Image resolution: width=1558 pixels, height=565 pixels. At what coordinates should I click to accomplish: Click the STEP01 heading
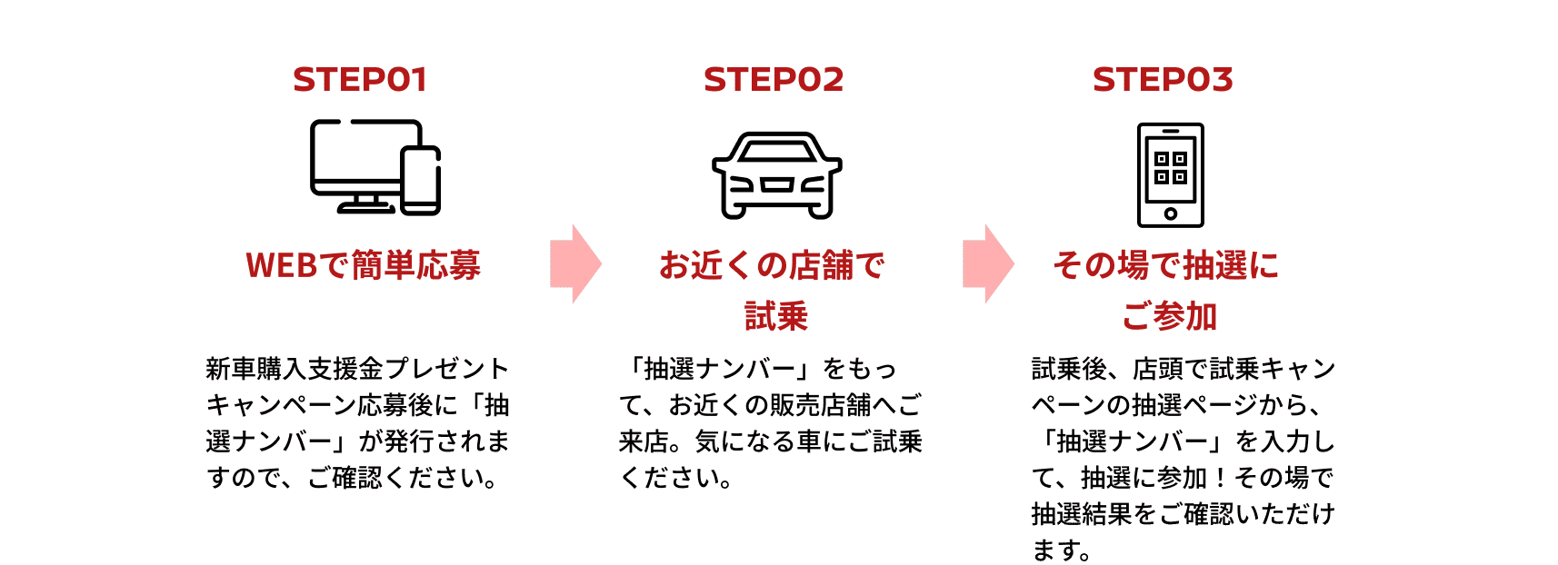click(360, 80)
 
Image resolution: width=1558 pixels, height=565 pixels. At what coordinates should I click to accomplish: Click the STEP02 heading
click(774, 80)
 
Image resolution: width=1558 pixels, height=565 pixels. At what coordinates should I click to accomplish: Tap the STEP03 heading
click(1163, 80)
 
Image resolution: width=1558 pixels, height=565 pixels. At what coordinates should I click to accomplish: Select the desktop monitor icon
click(355, 159)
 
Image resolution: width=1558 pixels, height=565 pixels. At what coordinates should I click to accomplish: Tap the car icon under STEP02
click(776, 175)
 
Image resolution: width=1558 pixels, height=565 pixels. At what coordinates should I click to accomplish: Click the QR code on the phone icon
click(1171, 168)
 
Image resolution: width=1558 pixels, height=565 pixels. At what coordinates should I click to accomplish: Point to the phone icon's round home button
click(1171, 213)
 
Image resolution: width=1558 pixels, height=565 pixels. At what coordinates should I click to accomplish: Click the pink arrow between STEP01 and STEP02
click(575, 263)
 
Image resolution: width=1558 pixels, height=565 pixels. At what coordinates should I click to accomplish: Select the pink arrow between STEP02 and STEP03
click(988, 263)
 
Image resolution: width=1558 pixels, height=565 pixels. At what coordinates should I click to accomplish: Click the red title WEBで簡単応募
click(363, 265)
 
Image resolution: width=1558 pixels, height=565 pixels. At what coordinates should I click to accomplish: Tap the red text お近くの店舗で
click(772, 265)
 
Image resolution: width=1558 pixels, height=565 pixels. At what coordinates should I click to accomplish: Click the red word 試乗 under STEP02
click(776, 316)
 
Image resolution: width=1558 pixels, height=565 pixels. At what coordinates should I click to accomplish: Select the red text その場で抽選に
click(1165, 265)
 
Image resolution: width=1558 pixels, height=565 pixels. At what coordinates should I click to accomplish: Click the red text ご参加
click(1169, 316)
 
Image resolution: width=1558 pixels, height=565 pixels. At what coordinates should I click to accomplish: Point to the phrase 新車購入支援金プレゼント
click(357, 369)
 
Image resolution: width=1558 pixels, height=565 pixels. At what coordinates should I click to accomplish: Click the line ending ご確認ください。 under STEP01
click(353, 478)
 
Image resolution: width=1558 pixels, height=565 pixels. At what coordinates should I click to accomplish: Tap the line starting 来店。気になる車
click(771, 441)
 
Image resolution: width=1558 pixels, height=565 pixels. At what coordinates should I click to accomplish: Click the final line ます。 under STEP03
click(1062, 550)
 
